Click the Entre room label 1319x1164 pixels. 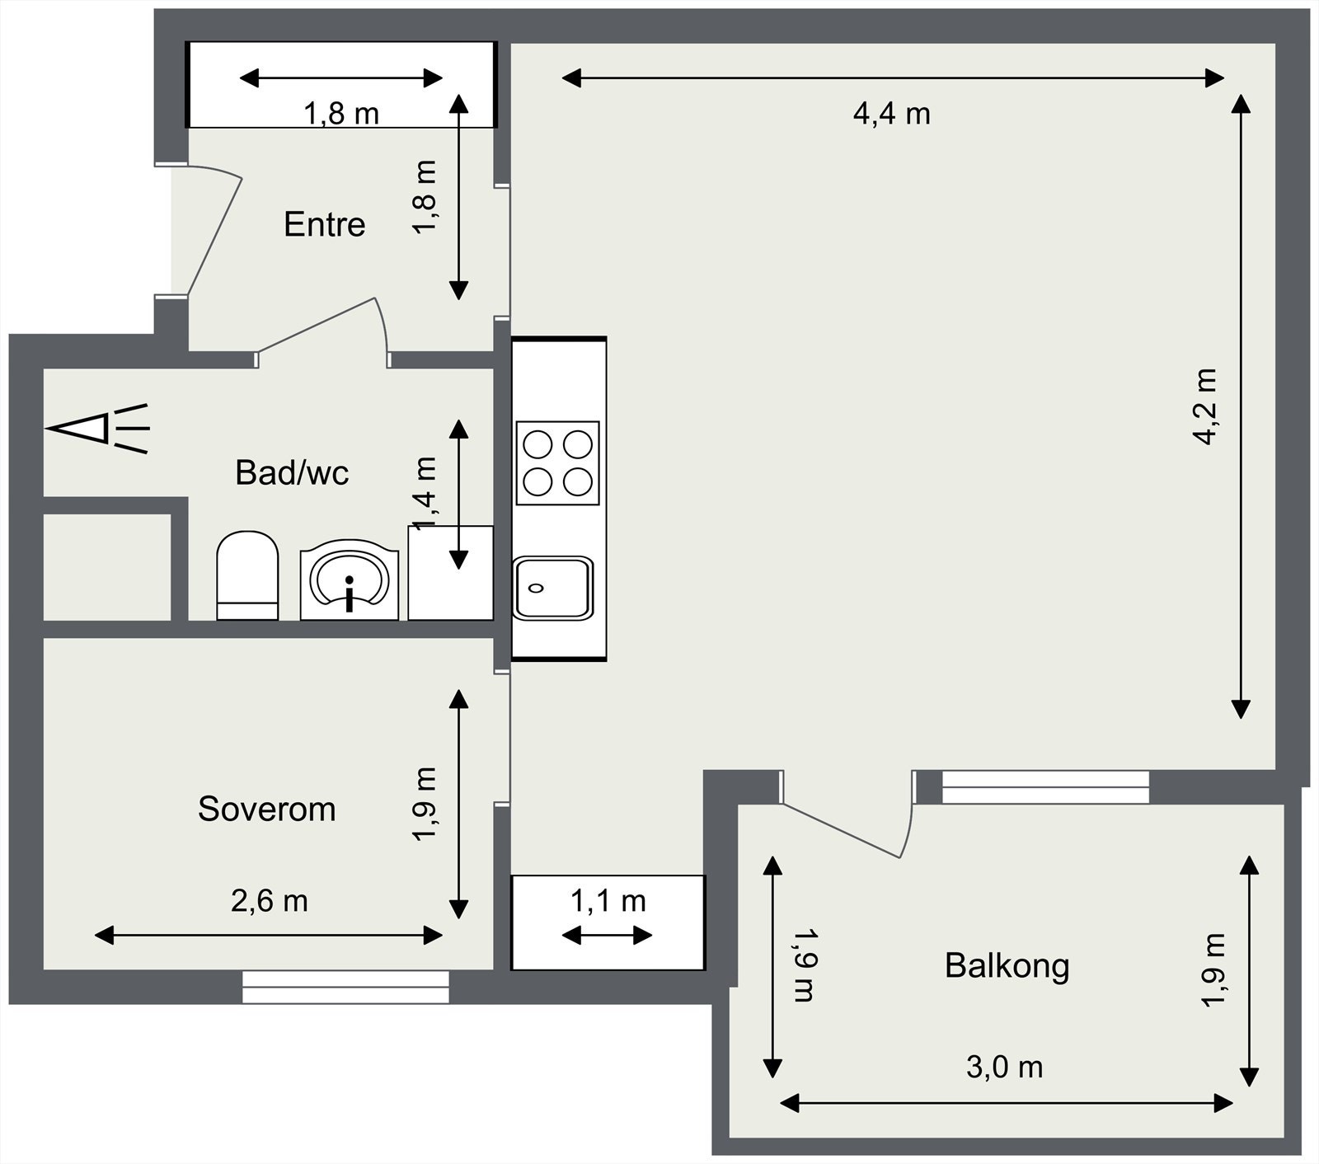(x=324, y=224)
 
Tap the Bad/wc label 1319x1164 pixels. (x=292, y=473)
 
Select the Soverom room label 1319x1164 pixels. (x=267, y=810)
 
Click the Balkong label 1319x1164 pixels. (x=1007, y=966)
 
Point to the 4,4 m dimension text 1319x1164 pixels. (x=892, y=114)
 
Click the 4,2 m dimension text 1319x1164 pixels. (x=1206, y=406)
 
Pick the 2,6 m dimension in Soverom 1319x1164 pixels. (x=270, y=901)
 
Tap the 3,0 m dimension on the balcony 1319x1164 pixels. (x=1005, y=1068)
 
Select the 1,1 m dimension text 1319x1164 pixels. (x=608, y=902)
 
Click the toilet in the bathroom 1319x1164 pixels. (x=247, y=575)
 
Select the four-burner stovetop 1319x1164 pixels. (x=557, y=462)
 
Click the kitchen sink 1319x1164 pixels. (x=553, y=589)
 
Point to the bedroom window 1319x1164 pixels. (x=346, y=987)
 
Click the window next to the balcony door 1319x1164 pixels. (x=1045, y=787)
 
